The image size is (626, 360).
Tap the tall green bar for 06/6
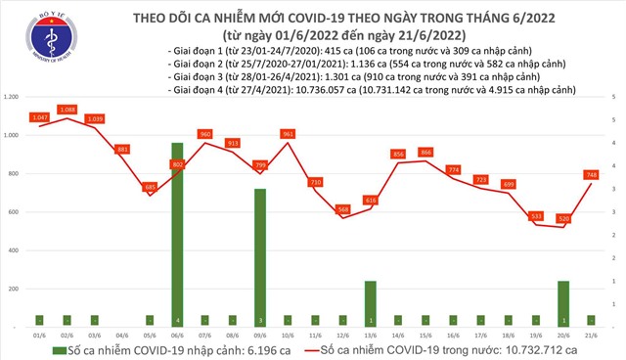(x=177, y=235)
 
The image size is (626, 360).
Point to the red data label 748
(x=592, y=175)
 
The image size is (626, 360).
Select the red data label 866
(x=425, y=153)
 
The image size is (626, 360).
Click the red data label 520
(x=563, y=218)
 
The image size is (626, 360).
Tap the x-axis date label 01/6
(x=39, y=335)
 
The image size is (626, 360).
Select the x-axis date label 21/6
(x=592, y=335)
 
